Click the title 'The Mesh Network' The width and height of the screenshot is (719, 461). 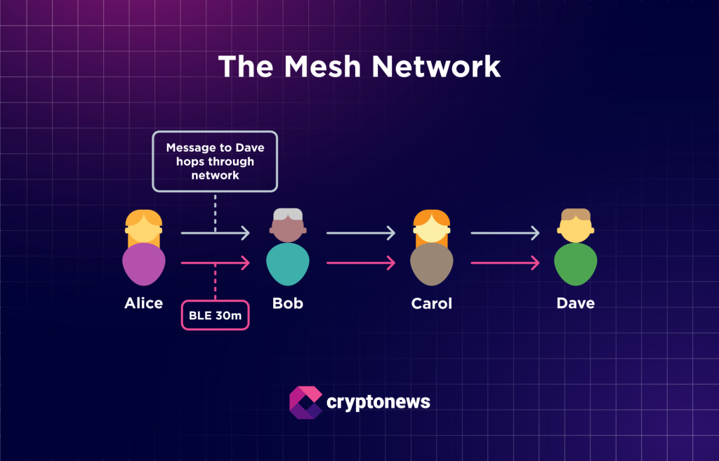(x=359, y=67)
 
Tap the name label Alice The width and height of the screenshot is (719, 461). (x=143, y=303)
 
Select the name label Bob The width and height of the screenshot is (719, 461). (x=288, y=303)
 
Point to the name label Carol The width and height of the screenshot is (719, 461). (x=432, y=303)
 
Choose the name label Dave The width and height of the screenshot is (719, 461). (x=576, y=303)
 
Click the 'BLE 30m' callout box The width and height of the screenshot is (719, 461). (x=215, y=316)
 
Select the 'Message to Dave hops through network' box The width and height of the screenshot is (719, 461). (x=215, y=161)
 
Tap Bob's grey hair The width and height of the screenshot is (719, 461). (x=288, y=215)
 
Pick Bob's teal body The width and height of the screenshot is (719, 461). (x=288, y=264)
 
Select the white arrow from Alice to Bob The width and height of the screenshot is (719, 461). (x=215, y=232)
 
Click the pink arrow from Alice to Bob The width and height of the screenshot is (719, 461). (x=215, y=263)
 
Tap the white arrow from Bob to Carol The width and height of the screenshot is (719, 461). (x=360, y=232)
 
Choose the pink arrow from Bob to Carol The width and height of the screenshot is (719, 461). (x=360, y=263)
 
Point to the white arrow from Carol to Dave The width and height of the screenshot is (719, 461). (x=504, y=232)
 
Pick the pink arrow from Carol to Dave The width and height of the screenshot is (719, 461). (x=504, y=263)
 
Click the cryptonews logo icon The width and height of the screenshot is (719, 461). (x=305, y=402)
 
